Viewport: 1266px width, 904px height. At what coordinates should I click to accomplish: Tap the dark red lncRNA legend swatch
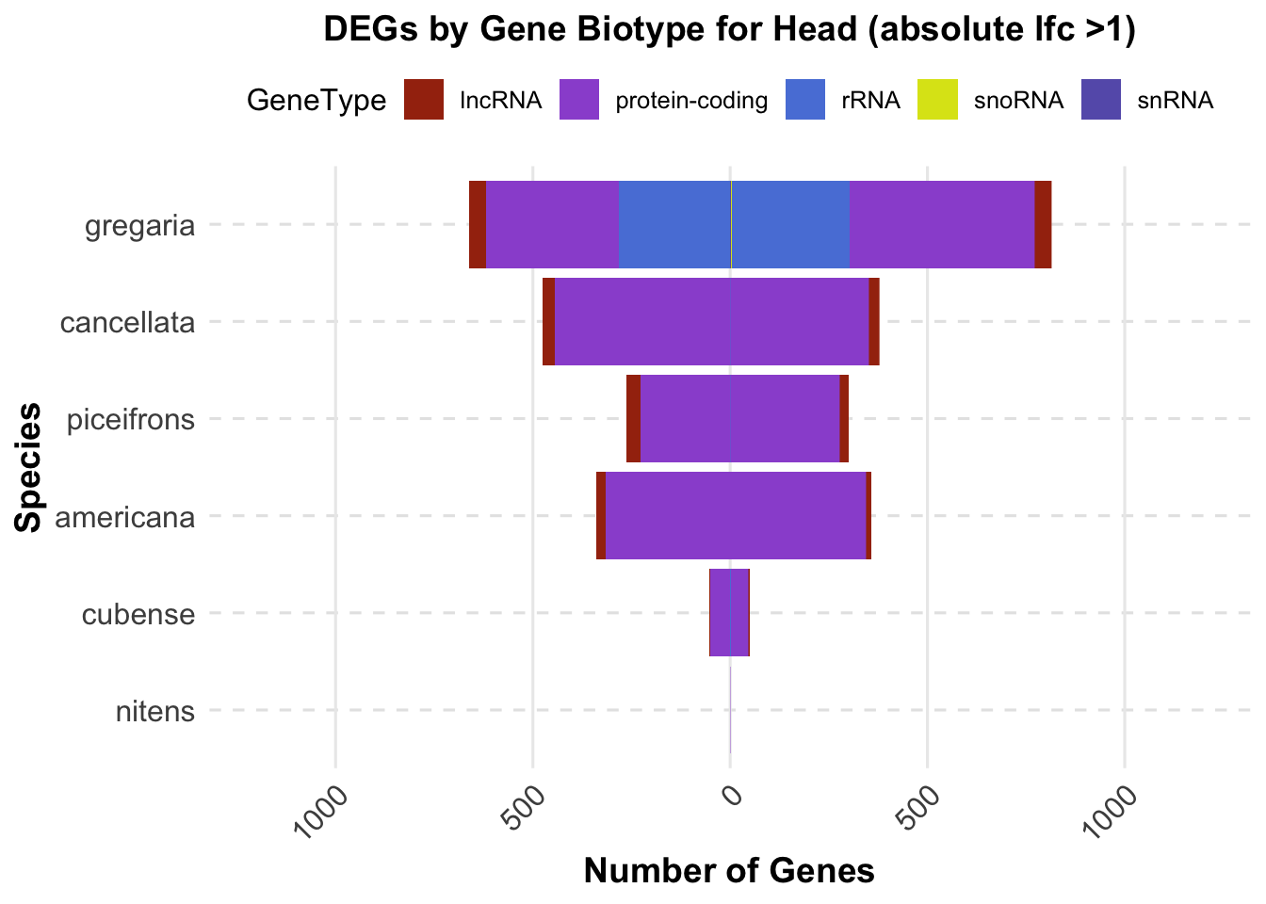pyautogui.click(x=423, y=100)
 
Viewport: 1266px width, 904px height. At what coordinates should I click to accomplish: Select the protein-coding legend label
pyautogui.click(x=691, y=101)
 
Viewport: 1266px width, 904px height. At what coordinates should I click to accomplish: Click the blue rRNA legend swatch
pyautogui.click(x=804, y=100)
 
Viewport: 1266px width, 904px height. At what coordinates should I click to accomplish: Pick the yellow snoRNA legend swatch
pyautogui.click(x=938, y=100)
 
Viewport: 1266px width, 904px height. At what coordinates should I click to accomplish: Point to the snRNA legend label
pyautogui.click(x=1175, y=101)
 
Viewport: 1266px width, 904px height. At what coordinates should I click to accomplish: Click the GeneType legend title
pyautogui.click(x=316, y=101)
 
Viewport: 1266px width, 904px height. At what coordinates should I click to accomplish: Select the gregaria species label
pyautogui.click(x=140, y=226)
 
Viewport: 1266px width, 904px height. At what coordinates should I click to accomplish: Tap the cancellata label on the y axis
pyautogui.click(x=127, y=323)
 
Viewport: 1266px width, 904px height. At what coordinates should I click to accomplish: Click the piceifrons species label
pyautogui.click(x=131, y=419)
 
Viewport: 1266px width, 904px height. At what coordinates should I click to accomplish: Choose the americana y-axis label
pyautogui.click(x=126, y=517)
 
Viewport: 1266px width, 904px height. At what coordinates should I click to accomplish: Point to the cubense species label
pyautogui.click(x=138, y=615)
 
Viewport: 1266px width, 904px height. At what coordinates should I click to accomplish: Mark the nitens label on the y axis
pyautogui.click(x=155, y=711)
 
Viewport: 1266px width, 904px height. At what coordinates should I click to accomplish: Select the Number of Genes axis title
pyautogui.click(x=729, y=871)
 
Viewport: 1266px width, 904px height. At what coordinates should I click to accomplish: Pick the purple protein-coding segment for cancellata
pyautogui.click(x=711, y=321)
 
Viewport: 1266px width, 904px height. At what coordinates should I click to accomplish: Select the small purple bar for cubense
pyautogui.click(x=728, y=612)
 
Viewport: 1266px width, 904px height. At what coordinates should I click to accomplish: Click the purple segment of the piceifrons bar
pyautogui.click(x=739, y=418)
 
